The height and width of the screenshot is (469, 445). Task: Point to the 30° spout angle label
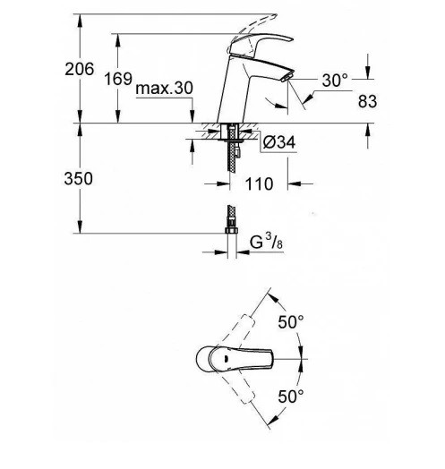coord(334,81)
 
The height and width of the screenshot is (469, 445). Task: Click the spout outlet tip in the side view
coord(279,81)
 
